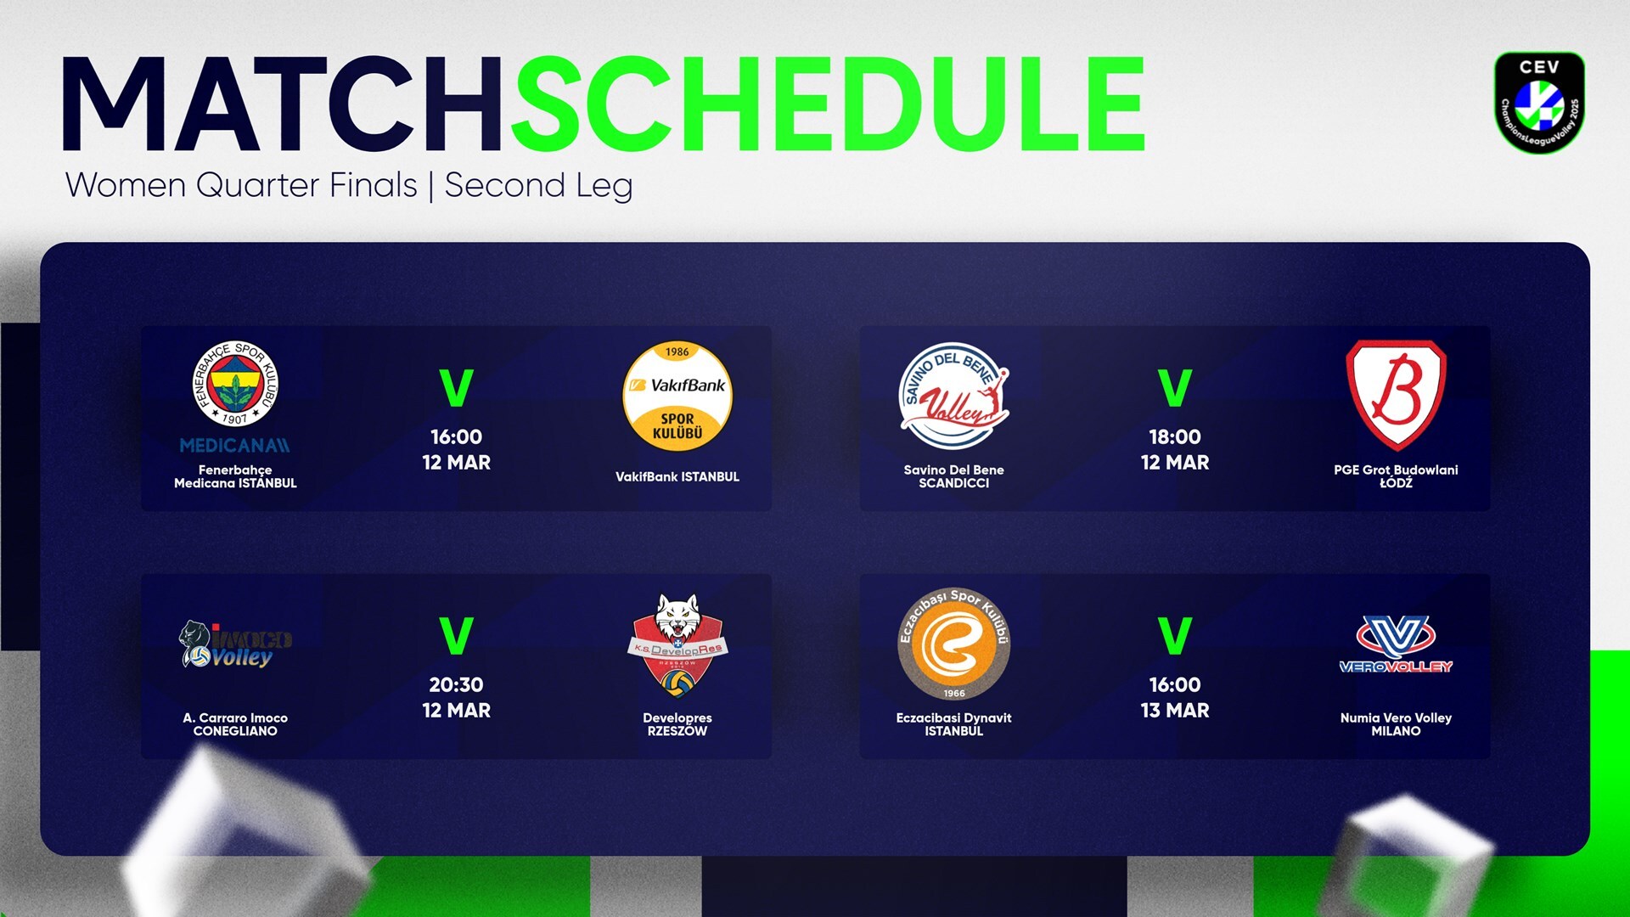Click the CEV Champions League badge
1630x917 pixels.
[x=1539, y=103]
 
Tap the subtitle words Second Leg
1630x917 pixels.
[x=538, y=186]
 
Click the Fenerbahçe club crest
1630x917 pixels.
[x=235, y=385]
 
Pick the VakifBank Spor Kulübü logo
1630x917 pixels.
[x=677, y=396]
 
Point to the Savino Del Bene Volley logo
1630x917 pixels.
[x=954, y=396]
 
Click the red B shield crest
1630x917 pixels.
[x=1397, y=395]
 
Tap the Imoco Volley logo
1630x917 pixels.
[x=235, y=644]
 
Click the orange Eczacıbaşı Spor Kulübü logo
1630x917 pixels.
[x=954, y=644]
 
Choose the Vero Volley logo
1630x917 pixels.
[x=1397, y=644]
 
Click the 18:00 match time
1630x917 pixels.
[x=1175, y=437]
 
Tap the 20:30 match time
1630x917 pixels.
[x=457, y=685]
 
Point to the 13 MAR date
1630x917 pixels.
[x=1175, y=711]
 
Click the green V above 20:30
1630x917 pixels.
[x=457, y=636]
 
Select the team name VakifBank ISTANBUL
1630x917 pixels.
[x=677, y=477]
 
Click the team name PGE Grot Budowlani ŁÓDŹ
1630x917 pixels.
[x=1397, y=476]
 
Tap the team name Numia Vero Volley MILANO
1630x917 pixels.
[x=1397, y=724]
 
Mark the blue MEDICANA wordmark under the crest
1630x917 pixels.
[x=235, y=446]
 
